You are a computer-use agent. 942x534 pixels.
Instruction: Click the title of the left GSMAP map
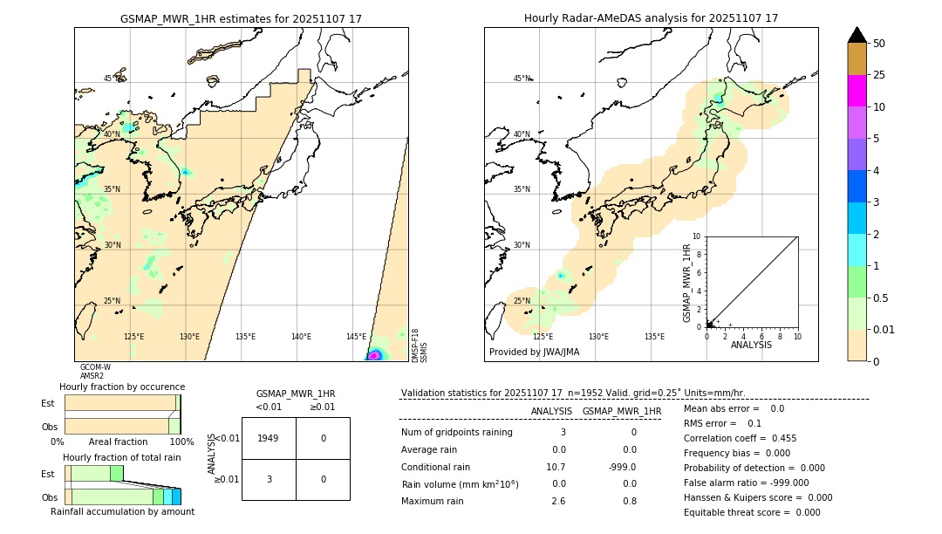(x=241, y=18)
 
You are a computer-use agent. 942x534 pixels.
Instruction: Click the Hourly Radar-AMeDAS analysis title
(x=651, y=18)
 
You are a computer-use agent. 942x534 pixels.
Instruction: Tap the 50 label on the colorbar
(x=879, y=44)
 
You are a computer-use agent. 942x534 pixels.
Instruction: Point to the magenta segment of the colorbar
(x=857, y=91)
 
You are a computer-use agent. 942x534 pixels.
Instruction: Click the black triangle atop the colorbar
(x=857, y=35)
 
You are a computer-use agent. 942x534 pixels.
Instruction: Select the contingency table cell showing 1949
(x=269, y=438)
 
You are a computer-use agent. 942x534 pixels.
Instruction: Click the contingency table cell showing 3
(x=269, y=479)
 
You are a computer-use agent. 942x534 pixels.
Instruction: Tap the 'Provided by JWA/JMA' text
(x=534, y=353)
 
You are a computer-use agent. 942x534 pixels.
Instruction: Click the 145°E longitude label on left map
(x=356, y=337)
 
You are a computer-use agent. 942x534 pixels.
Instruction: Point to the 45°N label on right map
(x=522, y=79)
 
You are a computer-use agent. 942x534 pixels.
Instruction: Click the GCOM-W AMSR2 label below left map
(x=95, y=372)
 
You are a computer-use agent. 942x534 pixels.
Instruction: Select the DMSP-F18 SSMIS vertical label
(x=420, y=346)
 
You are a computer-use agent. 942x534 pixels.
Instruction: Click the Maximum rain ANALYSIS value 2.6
(x=558, y=501)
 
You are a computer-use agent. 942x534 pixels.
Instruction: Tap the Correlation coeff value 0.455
(x=777, y=438)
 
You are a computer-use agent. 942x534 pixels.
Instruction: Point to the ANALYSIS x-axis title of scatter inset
(x=751, y=345)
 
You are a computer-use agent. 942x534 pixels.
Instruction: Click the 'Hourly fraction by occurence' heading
(x=122, y=387)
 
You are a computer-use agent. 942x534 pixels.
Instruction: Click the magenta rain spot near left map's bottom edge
(x=374, y=355)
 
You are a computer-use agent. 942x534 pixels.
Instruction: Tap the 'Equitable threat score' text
(x=739, y=512)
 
